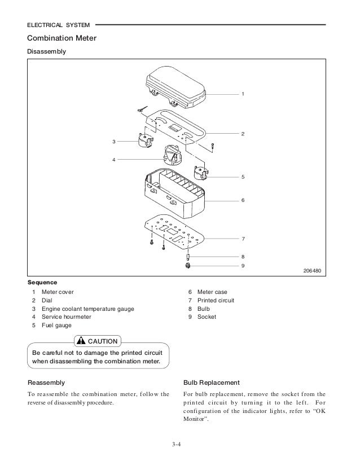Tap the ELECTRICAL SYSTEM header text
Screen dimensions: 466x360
pyautogui.click(x=56, y=25)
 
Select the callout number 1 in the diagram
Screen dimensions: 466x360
pyautogui.click(x=243, y=93)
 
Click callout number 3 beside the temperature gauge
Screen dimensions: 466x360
pyautogui.click(x=114, y=141)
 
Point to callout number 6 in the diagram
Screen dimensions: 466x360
pyautogui.click(x=243, y=200)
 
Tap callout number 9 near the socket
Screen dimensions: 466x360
pyautogui.click(x=243, y=265)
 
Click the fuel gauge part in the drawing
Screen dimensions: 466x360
pyautogui.click(x=201, y=174)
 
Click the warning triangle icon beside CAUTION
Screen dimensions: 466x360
pyautogui.click(x=82, y=341)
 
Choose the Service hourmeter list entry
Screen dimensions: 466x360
pyautogui.click(x=62, y=317)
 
